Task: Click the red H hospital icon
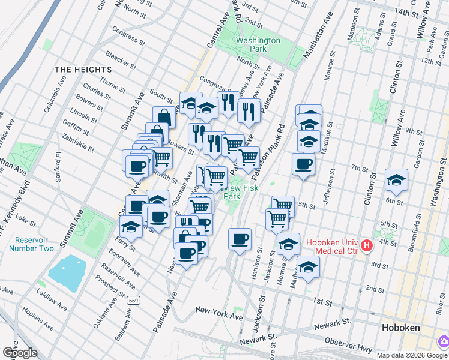(x=366, y=246)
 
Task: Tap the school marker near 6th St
(x=397, y=179)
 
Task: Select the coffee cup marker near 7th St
(x=303, y=164)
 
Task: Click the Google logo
(x=20, y=353)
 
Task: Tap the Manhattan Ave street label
(x=318, y=37)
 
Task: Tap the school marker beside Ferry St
(x=130, y=226)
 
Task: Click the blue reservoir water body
(x=71, y=272)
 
